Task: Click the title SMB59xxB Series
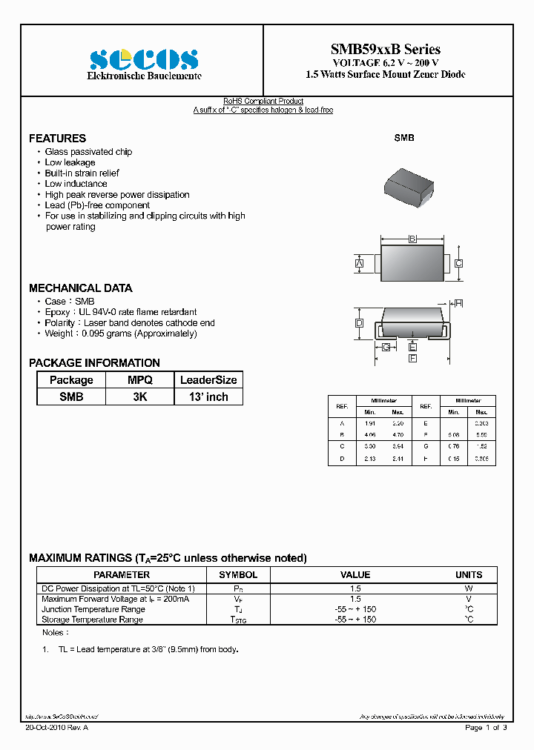click(386, 50)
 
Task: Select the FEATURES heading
click(57, 139)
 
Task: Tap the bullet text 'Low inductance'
click(76, 184)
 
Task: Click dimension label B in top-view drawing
click(412, 239)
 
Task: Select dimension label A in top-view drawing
click(359, 264)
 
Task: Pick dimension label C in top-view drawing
click(459, 263)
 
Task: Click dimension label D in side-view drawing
click(359, 323)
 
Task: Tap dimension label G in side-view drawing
click(386, 347)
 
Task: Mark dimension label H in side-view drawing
click(458, 303)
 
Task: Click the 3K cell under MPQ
click(140, 396)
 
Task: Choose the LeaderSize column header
click(208, 380)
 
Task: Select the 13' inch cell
click(208, 396)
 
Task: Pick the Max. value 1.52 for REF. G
click(481, 447)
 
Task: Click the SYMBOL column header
click(238, 574)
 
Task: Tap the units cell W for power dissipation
click(469, 588)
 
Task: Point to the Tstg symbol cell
click(238, 620)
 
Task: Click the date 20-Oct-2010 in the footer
click(46, 728)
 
